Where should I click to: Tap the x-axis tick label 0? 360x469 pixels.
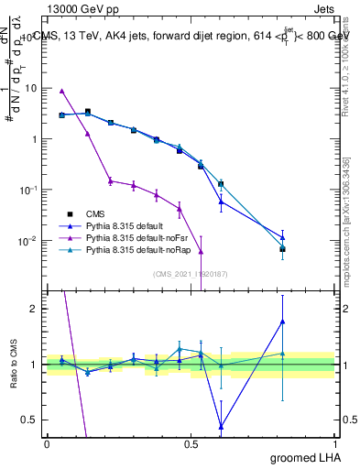(x=47, y=444)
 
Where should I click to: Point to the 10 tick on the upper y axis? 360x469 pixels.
(x=31, y=88)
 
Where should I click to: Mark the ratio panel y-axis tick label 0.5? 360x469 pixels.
(x=30, y=420)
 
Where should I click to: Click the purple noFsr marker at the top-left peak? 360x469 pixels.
(x=61, y=91)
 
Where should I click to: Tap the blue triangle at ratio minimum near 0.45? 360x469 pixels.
(x=221, y=426)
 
